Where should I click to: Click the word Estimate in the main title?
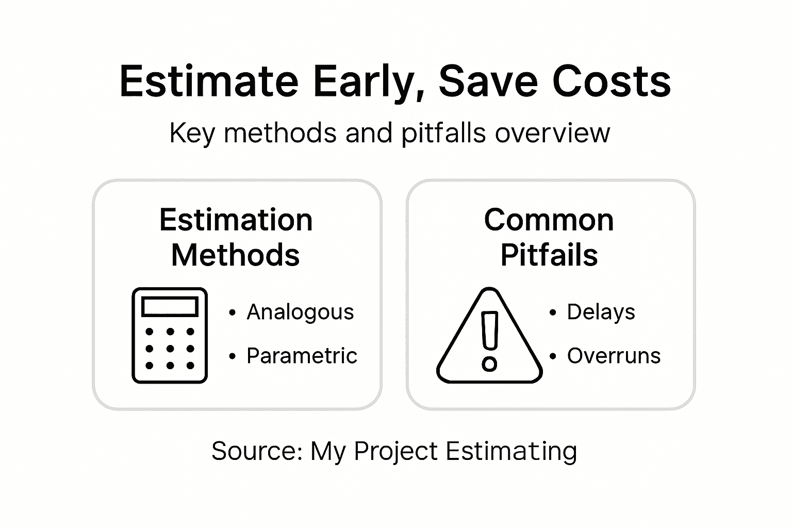(x=209, y=81)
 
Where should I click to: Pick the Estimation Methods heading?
(x=236, y=237)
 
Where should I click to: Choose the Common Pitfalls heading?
(x=549, y=237)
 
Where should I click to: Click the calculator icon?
(x=170, y=335)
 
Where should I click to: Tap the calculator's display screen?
(x=170, y=307)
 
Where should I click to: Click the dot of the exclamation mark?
(x=489, y=364)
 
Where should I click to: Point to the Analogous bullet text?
(x=300, y=312)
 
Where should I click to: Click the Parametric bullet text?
(x=302, y=356)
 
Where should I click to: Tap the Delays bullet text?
(x=601, y=312)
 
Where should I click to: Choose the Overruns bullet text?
(x=614, y=356)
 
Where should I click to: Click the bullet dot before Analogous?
(x=233, y=312)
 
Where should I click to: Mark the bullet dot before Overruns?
(x=553, y=356)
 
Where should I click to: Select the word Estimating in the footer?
(x=511, y=452)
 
